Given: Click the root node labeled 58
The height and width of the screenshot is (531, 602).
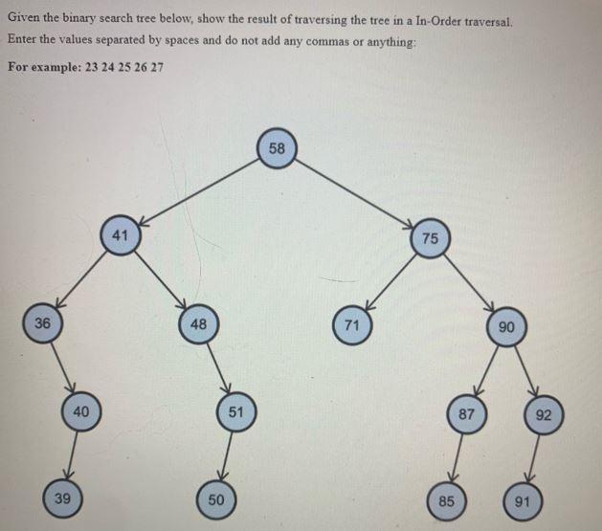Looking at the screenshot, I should pyautogui.click(x=277, y=149).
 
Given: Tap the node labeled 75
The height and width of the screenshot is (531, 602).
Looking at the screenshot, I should pyautogui.click(x=430, y=238).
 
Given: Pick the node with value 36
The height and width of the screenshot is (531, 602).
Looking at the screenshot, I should pyautogui.click(x=42, y=322).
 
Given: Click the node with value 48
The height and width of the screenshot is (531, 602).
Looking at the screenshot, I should pyautogui.click(x=198, y=323).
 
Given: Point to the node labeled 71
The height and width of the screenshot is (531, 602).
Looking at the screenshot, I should pyautogui.click(x=352, y=325).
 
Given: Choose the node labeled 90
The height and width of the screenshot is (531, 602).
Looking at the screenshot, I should pyautogui.click(x=507, y=327).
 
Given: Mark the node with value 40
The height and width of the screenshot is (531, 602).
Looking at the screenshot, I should pyautogui.click(x=81, y=410).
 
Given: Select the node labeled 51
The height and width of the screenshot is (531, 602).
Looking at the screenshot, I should pyautogui.click(x=235, y=411).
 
